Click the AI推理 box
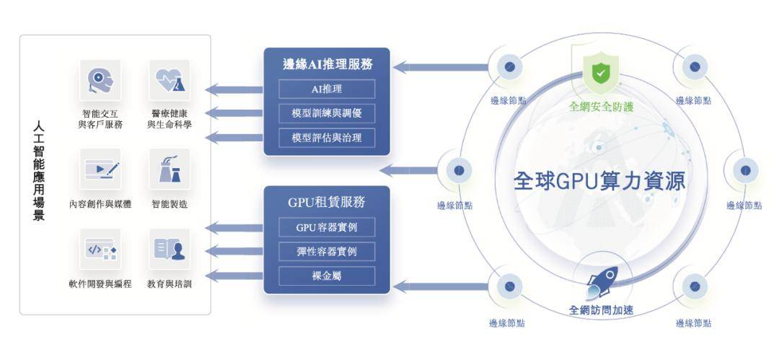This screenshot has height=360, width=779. (327, 89)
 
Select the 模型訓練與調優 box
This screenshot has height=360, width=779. (327, 113)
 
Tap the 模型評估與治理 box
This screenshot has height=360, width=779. (327, 137)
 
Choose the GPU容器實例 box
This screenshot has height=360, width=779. (327, 227)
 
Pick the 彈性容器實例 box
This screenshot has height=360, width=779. (327, 252)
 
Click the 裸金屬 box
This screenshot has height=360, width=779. (327, 276)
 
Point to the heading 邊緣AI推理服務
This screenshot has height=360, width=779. (327, 64)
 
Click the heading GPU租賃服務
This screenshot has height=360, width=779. (327, 202)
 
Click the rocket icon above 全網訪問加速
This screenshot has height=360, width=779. (601, 283)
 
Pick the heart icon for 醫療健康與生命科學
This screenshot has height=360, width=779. (170, 80)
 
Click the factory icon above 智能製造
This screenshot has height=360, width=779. (170, 170)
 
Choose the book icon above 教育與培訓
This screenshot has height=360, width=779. (170, 250)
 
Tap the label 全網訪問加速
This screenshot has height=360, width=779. (601, 311)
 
